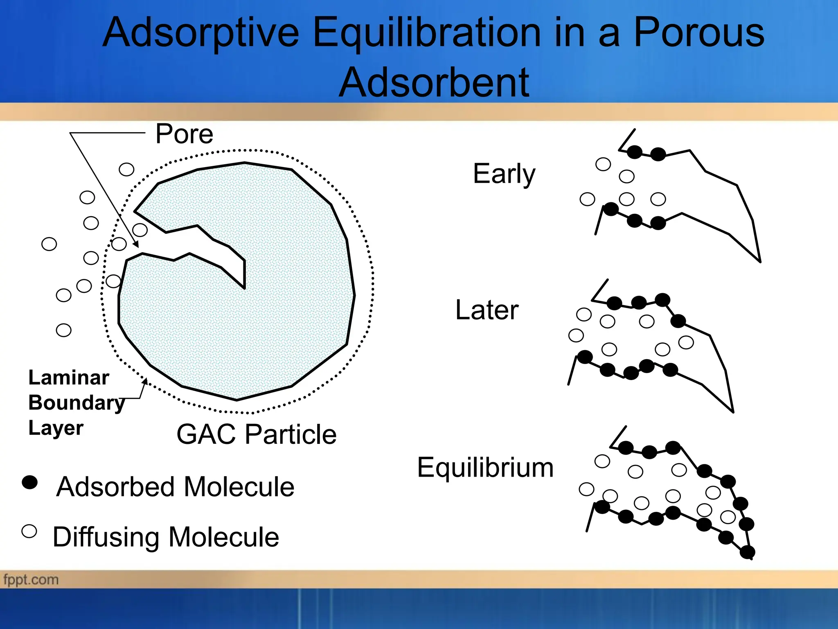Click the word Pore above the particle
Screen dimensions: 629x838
tap(184, 134)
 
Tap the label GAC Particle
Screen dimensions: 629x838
tap(256, 434)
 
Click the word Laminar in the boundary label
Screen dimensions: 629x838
tap(69, 378)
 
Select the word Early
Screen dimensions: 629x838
tap(504, 174)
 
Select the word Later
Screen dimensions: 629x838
tap(487, 310)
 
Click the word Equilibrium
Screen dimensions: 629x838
tap(485, 467)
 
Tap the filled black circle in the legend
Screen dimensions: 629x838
tap(29, 482)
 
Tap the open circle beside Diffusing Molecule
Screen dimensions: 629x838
tap(29, 531)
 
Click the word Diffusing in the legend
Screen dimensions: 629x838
tap(106, 537)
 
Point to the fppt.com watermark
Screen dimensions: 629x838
tap(31, 580)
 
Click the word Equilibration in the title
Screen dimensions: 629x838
tap(427, 33)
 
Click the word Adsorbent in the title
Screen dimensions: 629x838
tap(434, 83)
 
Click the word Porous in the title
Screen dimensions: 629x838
tap(698, 33)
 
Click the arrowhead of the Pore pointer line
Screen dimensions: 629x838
tap(137, 244)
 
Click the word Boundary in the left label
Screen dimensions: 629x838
tap(77, 403)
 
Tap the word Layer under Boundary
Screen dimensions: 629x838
tap(56, 428)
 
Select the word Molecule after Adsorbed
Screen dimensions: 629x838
tap(239, 487)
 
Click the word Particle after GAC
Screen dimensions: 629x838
tap(291, 434)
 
